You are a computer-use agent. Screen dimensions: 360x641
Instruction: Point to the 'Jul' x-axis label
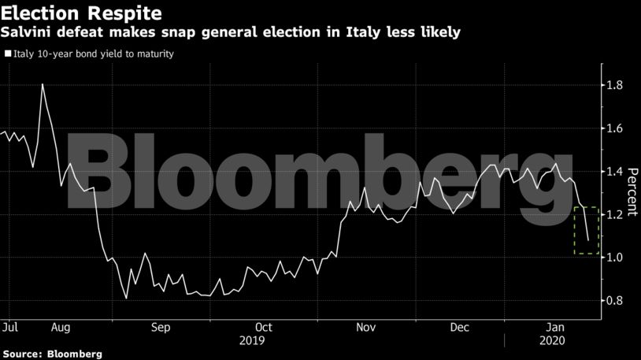11,326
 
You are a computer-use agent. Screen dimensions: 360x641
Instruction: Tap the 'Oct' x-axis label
263,326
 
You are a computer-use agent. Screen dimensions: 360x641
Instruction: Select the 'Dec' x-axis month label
460,326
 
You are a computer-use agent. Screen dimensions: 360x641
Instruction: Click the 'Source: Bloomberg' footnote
52,354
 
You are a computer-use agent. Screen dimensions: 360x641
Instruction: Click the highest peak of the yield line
42,84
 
